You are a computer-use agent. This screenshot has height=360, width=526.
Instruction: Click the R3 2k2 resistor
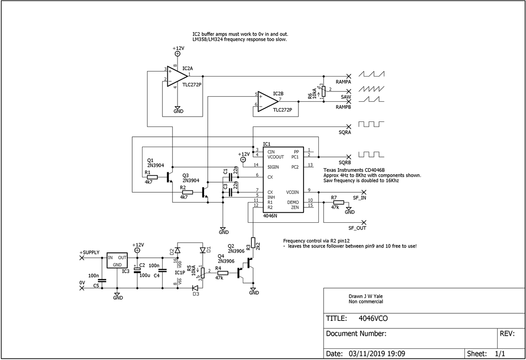tap(253, 243)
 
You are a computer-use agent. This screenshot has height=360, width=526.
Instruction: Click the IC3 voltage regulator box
tap(117, 261)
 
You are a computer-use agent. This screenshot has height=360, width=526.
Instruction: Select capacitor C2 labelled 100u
tap(138, 270)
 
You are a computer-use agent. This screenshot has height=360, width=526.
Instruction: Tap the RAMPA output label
tap(343, 82)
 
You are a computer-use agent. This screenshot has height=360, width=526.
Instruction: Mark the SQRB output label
tap(345, 162)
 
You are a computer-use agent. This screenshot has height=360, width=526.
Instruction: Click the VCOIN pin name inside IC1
tap(292, 192)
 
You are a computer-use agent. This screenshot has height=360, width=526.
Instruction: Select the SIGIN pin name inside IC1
tap(274, 167)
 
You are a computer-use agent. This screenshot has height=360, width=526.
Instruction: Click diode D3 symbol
tap(195, 288)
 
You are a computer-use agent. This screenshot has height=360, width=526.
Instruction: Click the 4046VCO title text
tap(373, 318)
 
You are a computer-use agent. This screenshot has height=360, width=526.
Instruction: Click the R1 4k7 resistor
tap(152, 177)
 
